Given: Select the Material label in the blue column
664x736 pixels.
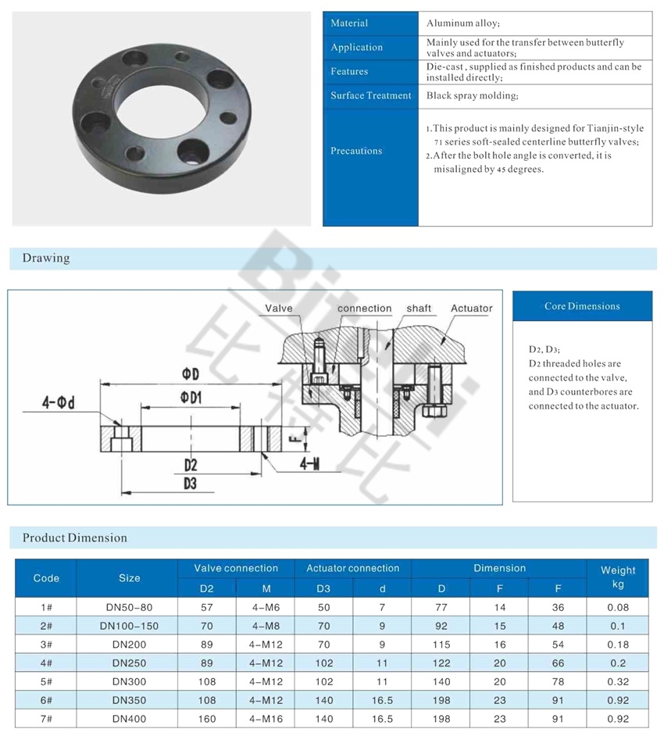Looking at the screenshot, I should (x=349, y=23).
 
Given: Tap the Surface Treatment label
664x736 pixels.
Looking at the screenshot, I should (x=370, y=95).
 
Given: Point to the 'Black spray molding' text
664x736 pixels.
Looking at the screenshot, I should (x=472, y=95).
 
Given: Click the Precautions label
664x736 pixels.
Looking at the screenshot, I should (x=356, y=151).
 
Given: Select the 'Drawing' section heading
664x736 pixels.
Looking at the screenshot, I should (x=46, y=258).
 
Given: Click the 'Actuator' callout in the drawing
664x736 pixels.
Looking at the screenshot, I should (x=471, y=309).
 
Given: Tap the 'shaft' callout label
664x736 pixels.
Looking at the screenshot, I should (x=418, y=309).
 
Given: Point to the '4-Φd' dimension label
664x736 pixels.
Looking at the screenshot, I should (x=59, y=403).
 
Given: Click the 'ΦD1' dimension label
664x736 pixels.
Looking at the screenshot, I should (x=191, y=398).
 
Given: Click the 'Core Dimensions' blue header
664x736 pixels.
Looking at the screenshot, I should (x=582, y=306).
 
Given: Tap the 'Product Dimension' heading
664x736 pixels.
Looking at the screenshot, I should (x=74, y=538).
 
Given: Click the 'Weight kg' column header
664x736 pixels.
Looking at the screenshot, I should (x=617, y=577).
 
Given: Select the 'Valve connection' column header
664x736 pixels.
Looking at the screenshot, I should (x=236, y=568).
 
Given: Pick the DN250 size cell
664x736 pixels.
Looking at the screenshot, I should (x=129, y=663).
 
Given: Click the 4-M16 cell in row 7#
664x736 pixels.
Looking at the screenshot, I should (x=266, y=719).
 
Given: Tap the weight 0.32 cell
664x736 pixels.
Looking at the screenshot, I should (x=617, y=681).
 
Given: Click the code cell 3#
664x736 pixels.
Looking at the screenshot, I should (x=46, y=644).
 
